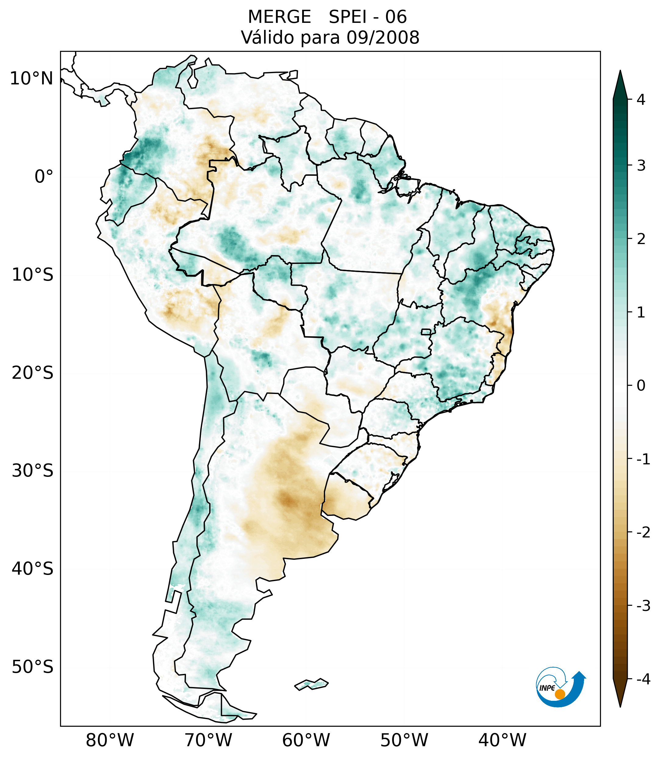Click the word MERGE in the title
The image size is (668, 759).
pos(279,17)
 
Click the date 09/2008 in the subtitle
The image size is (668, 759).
pos(383,37)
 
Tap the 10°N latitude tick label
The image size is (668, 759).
pos(32,79)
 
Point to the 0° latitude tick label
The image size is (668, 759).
pos(44,177)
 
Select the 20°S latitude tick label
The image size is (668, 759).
pos(33,373)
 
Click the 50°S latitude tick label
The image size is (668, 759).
pos(33,667)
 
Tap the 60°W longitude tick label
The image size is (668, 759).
pos(306,740)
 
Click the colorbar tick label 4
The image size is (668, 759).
pos(641,100)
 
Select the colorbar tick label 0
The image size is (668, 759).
pos(641,386)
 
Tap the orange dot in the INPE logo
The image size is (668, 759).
pos(560,694)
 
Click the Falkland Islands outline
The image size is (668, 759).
pos(311,684)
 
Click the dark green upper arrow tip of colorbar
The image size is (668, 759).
pos(620,83)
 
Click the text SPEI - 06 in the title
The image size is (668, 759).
pos(368,17)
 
